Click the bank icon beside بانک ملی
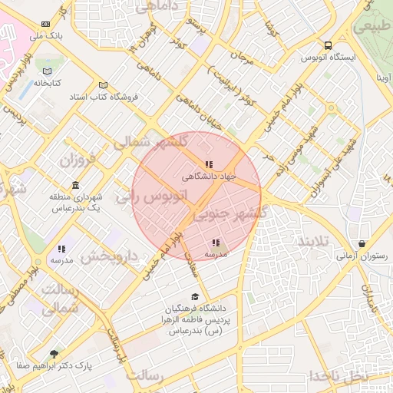(x=47, y=25)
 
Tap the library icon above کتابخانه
(x=47, y=71)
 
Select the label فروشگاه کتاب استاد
(x=126, y=97)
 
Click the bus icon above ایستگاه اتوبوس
(x=329, y=45)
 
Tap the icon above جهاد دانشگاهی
(x=209, y=164)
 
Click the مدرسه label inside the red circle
(x=216, y=253)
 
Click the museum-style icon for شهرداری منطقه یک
(x=74, y=186)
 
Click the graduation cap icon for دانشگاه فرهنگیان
(x=195, y=297)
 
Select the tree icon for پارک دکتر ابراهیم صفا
(x=53, y=354)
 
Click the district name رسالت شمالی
(x=60, y=298)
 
